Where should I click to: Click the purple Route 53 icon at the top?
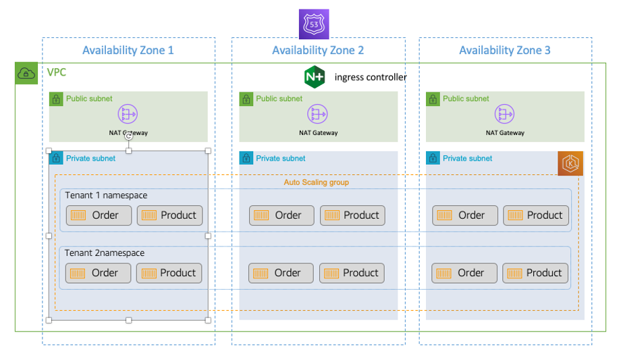click(x=314, y=24)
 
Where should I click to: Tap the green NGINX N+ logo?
click(x=315, y=77)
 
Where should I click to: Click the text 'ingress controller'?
click(x=371, y=77)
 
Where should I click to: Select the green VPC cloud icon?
click(x=26, y=74)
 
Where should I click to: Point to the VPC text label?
click(x=57, y=72)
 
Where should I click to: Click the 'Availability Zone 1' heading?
click(x=128, y=51)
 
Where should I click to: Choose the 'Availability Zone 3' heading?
click(x=505, y=51)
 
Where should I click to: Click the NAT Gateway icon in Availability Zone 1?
click(x=128, y=113)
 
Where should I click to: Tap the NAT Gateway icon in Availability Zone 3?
click(x=505, y=113)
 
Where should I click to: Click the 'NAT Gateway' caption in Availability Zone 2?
click(x=318, y=133)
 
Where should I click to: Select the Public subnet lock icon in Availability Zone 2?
click(x=246, y=99)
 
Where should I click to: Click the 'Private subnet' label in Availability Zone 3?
click(x=468, y=159)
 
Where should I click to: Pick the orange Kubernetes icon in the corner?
click(x=570, y=164)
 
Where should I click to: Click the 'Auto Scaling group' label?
click(x=316, y=182)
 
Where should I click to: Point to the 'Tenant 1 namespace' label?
click(x=106, y=196)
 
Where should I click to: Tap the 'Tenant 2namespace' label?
click(x=105, y=253)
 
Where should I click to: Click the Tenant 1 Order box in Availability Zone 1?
click(x=99, y=215)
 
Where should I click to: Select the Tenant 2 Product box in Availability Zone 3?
click(x=535, y=273)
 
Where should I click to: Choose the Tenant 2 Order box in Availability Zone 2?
click(x=281, y=273)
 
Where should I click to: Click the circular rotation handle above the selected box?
click(x=128, y=137)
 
